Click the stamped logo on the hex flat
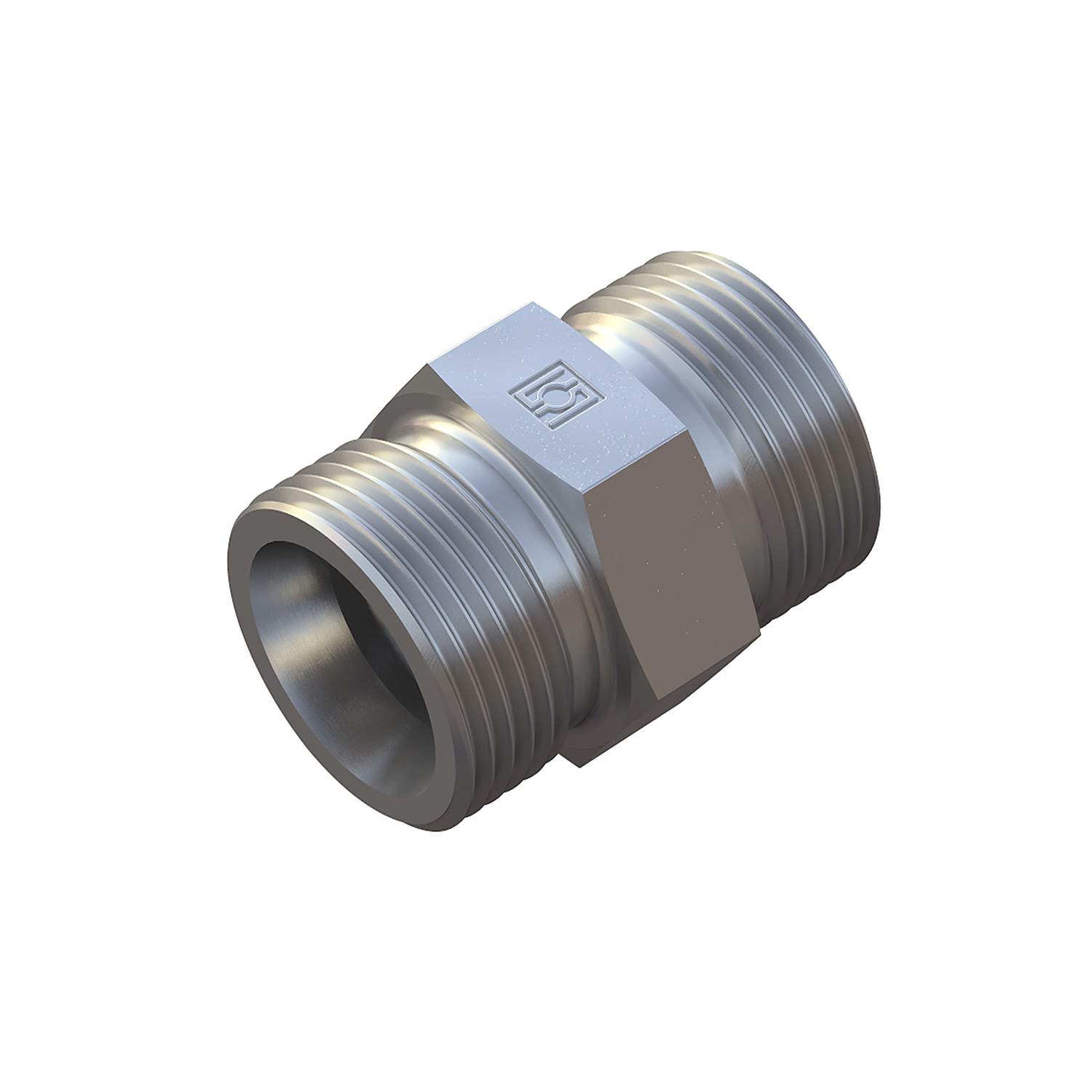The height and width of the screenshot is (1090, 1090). coord(546,399)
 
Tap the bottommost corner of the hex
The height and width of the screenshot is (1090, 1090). coord(574,763)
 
